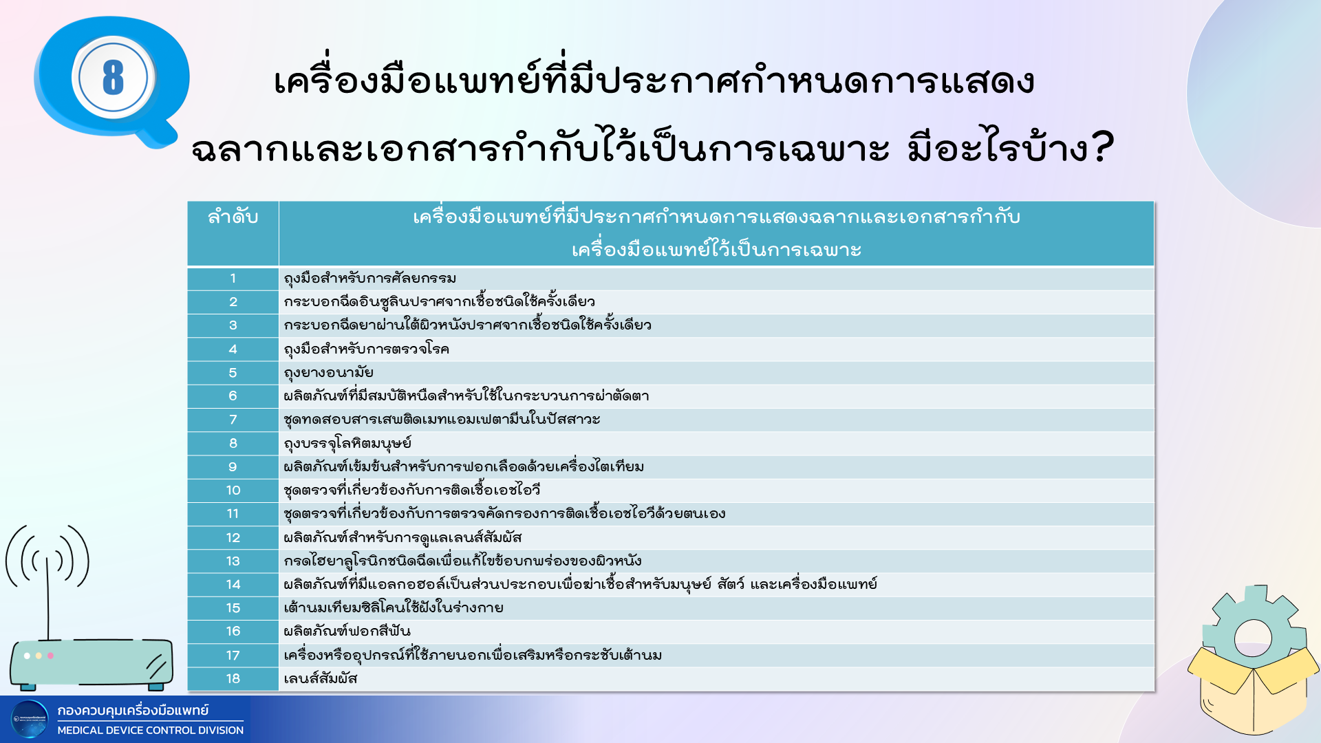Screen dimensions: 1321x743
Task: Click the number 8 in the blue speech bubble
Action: click(113, 77)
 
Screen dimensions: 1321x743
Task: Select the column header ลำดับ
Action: click(233, 217)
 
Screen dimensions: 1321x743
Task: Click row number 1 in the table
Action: click(233, 279)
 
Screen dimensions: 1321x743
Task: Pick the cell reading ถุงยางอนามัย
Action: click(328, 373)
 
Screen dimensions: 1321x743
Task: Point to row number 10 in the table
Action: click(233, 491)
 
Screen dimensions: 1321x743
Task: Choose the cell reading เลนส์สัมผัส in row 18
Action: click(321, 678)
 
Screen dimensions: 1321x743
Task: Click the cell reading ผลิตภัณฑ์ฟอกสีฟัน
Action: click(347, 631)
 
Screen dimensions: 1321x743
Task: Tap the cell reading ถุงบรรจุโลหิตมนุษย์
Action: click(347, 444)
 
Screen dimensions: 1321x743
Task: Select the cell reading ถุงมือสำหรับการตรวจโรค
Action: click(366, 349)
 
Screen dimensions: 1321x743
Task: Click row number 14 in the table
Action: click(233, 585)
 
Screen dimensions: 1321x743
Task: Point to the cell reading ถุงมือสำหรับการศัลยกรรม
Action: click(369, 279)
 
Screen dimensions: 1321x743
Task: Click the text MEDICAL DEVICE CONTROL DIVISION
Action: click(151, 730)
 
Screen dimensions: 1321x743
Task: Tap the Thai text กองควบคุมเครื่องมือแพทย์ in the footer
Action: click(133, 710)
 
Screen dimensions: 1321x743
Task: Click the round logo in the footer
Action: click(30, 719)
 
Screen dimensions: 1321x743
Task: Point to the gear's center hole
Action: click(1253, 639)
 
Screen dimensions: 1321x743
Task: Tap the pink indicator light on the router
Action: click(50, 656)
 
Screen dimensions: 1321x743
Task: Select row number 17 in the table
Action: click(233, 656)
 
